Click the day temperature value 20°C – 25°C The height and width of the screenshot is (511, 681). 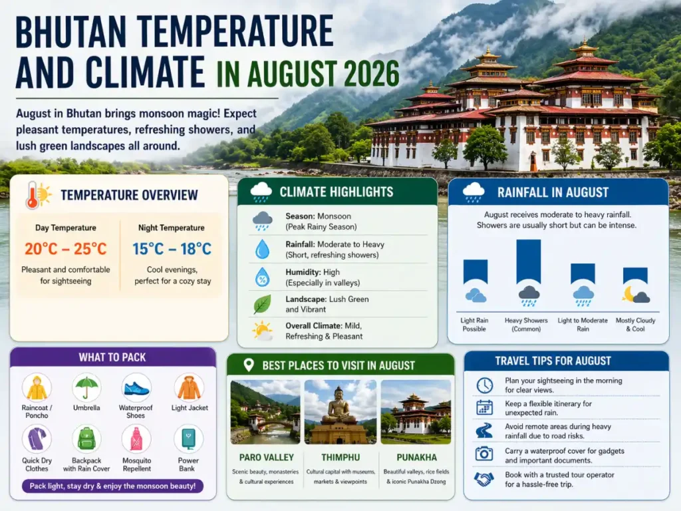point(65,249)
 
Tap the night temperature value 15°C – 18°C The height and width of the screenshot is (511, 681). point(172,249)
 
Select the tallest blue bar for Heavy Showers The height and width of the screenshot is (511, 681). point(529,261)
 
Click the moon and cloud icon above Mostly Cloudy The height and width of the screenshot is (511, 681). point(636,294)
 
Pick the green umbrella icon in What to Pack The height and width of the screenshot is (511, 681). point(86,387)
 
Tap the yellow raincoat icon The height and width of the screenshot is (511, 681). point(37,387)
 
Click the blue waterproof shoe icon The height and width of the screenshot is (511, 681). point(136,387)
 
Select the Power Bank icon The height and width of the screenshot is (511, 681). point(188,439)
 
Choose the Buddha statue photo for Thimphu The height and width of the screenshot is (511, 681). point(339,411)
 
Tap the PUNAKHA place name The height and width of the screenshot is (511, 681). point(416,458)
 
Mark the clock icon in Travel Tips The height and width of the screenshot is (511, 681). point(484,385)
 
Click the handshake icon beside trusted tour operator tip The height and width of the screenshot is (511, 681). point(483,479)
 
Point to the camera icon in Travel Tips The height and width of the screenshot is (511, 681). point(484,454)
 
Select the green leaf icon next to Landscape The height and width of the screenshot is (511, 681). point(262,304)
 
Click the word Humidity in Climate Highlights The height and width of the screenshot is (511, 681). point(303,272)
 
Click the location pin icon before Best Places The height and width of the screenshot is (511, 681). point(249,365)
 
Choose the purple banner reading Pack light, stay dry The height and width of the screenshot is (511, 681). point(112,486)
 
